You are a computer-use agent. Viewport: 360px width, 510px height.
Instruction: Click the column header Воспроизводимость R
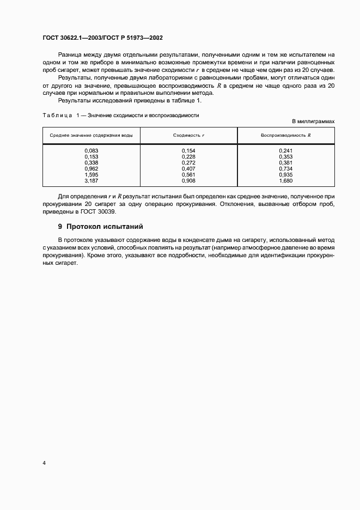point(285,135)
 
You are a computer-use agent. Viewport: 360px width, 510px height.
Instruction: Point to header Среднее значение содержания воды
point(91,135)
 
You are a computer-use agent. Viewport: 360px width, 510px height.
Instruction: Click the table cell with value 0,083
point(91,150)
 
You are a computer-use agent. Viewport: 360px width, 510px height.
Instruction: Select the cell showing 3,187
point(91,181)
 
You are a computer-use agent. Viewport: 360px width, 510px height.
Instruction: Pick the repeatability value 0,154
point(188,150)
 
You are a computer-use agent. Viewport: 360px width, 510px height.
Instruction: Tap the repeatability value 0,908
point(188,181)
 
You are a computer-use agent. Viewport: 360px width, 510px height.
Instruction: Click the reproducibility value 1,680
point(285,181)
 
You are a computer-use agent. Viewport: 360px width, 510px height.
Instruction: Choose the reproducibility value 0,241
point(285,150)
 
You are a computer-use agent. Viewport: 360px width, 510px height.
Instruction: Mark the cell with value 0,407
point(188,169)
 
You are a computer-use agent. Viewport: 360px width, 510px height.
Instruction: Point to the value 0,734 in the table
point(285,169)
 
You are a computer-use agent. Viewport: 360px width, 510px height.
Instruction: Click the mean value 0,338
point(91,162)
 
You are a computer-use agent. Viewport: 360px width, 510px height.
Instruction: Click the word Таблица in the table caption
point(57,115)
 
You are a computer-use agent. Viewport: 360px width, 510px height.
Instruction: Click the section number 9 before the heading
point(60,226)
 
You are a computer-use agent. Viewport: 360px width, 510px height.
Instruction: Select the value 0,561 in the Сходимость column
point(188,175)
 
